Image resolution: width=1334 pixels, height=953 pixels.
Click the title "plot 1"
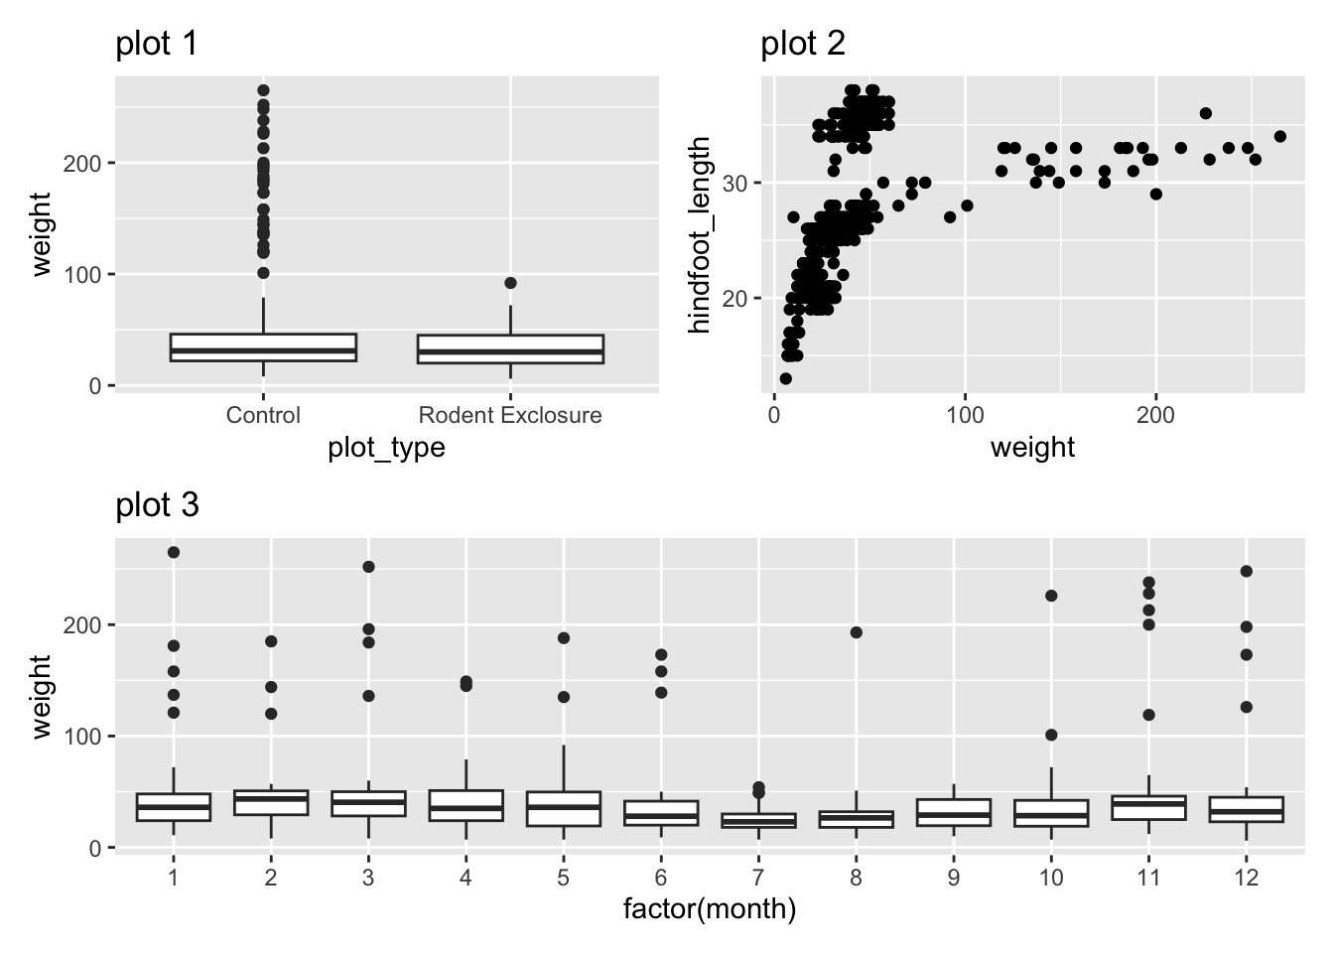[x=157, y=45]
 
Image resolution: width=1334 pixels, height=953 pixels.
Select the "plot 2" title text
[x=802, y=45]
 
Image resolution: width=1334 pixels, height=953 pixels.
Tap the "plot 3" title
[x=157, y=506]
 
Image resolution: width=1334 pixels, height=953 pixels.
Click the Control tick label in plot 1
[x=263, y=415]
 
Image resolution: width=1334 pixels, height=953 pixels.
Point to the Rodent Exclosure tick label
[x=510, y=415]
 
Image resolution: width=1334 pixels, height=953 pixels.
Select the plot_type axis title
[x=386, y=449]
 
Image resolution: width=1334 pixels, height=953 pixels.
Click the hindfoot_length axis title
[x=701, y=235]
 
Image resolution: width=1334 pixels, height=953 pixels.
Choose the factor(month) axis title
[x=709, y=909]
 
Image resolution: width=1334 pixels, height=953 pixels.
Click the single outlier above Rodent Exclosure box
[x=510, y=283]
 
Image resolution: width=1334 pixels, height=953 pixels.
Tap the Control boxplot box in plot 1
[x=263, y=346]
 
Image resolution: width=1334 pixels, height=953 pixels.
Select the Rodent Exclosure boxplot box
[x=510, y=348]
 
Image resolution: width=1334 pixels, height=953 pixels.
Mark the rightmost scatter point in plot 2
[x=1279, y=136]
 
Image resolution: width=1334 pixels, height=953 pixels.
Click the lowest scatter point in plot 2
[x=786, y=378]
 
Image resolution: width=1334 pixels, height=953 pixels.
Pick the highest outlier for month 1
[x=174, y=552]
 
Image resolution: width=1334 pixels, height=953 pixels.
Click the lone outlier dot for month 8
[x=857, y=632]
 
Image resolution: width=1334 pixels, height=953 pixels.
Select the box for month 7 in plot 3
[x=759, y=821]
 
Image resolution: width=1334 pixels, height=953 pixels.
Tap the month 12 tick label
[x=1247, y=879]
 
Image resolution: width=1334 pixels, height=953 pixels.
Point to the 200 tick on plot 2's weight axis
[x=1155, y=415]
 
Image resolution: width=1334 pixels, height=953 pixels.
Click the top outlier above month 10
[x=1051, y=596]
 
